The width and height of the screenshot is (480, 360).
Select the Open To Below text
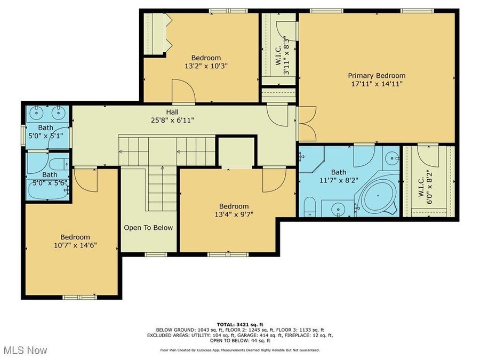tap(148, 228)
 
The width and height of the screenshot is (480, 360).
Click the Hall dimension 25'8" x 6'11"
tap(172, 121)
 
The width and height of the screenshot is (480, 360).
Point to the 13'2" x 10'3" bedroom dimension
tap(206, 67)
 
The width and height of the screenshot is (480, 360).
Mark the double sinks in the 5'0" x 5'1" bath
tap(46, 113)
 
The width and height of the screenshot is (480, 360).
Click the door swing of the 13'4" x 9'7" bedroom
tap(272, 179)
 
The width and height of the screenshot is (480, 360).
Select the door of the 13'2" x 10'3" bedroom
tap(183, 91)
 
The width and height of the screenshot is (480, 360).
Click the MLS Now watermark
tap(25, 350)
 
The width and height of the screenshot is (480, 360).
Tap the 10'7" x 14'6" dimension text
tap(75, 246)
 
